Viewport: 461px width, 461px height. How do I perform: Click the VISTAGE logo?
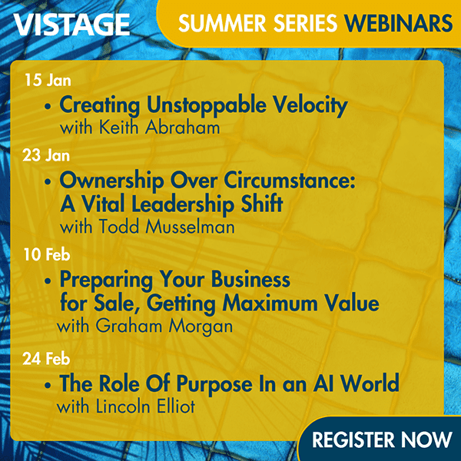pos(71,25)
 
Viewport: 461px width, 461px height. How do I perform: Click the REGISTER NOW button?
pos(382,439)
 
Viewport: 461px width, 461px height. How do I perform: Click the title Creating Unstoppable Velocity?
pos(203,104)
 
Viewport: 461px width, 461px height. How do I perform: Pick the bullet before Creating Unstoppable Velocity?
pos(50,106)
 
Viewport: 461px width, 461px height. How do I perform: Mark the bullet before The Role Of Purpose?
pos(50,383)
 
